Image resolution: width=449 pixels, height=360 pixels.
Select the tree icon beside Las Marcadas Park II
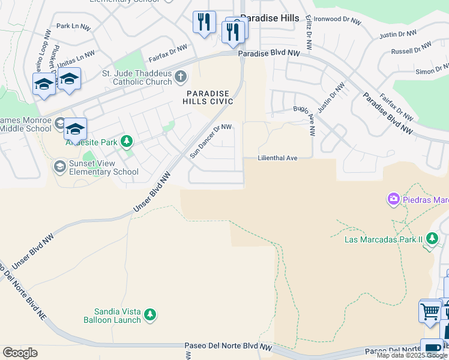point(432,239)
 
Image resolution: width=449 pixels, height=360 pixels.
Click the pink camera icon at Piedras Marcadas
point(394,199)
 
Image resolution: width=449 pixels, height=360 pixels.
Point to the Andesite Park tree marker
point(126,142)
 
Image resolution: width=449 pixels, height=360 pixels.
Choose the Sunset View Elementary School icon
point(59,166)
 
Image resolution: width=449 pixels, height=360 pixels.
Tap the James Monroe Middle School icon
point(59,123)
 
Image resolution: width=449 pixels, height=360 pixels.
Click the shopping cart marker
point(430,311)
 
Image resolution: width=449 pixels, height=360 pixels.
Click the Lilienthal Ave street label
point(277,158)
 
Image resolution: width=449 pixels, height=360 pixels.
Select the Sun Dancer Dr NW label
point(211,140)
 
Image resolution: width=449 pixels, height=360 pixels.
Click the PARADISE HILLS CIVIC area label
point(207,98)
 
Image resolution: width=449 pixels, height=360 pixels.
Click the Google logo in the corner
point(20,352)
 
